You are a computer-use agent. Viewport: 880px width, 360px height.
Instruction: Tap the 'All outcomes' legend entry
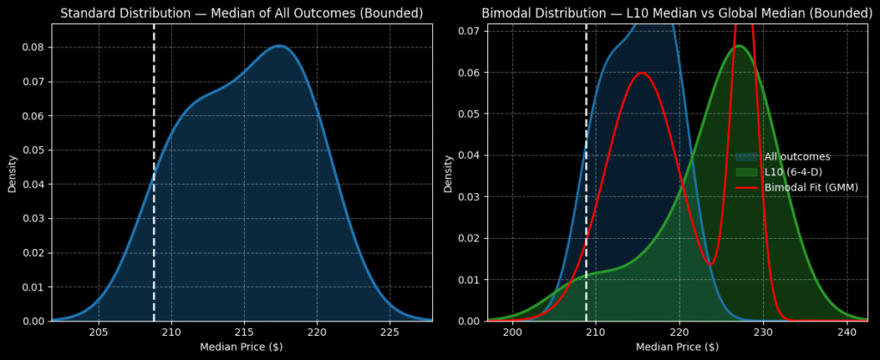coord(797,157)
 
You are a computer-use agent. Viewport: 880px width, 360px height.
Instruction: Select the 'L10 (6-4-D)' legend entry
coord(792,172)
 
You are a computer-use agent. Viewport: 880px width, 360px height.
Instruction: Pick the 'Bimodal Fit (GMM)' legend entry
coord(810,187)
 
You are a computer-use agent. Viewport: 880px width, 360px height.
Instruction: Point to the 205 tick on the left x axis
coord(99,332)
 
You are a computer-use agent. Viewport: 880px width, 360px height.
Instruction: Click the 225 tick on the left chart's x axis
coord(389,332)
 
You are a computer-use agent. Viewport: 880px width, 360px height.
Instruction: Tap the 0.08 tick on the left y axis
coord(33,47)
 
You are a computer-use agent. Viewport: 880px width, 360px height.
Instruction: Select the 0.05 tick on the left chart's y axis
coord(33,149)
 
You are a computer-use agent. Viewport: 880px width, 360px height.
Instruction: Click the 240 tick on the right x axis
coord(846,332)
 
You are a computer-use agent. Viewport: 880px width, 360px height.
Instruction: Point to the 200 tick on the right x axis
coord(513,332)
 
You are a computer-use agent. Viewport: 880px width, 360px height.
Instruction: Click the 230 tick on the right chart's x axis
coord(763,332)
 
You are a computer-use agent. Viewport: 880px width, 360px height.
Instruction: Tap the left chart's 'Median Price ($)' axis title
coord(241,346)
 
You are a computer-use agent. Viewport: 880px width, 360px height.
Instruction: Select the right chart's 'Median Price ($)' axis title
coord(677,346)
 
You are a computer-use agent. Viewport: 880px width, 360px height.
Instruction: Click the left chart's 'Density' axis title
coord(12,173)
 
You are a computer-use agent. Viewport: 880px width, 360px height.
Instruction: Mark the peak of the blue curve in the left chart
coord(279,46)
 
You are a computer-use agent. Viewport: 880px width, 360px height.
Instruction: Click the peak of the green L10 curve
coord(738,46)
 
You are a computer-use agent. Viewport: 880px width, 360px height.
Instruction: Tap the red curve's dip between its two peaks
coord(709,264)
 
